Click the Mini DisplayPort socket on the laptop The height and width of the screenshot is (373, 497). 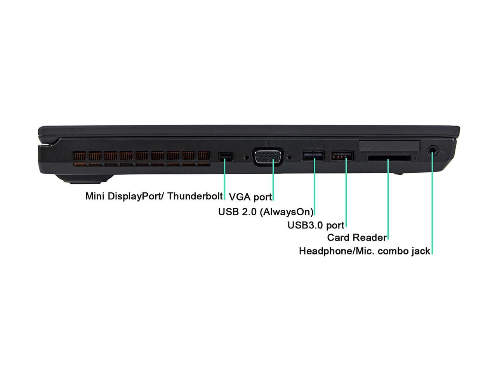click(x=226, y=156)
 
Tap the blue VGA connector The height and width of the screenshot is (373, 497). click(x=268, y=157)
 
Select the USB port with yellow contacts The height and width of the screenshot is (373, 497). click(x=342, y=156)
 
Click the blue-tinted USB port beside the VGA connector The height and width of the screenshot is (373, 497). click(x=313, y=156)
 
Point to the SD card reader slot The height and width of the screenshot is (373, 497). click(x=389, y=158)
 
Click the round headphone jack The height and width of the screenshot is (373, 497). click(x=433, y=150)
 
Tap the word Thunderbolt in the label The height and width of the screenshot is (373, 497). click(x=195, y=196)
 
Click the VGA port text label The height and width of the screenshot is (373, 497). click(x=250, y=197)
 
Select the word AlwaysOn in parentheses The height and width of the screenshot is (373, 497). click(x=287, y=212)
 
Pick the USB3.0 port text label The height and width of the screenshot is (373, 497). click(x=316, y=225)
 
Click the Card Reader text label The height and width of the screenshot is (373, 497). click(x=357, y=237)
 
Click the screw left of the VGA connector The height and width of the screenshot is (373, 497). click(x=247, y=157)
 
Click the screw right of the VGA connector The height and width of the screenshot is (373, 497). click(x=289, y=157)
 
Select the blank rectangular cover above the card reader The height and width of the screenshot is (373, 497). click(x=389, y=146)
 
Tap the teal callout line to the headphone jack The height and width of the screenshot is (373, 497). click(x=432, y=202)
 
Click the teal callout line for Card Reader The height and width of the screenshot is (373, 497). click(x=388, y=200)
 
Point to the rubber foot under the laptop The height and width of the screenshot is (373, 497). click(x=85, y=179)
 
